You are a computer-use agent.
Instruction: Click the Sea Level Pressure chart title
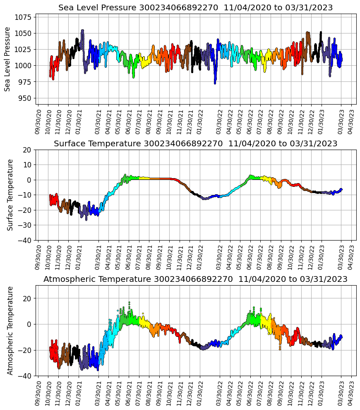(x=195, y=8)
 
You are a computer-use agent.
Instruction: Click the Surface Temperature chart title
(x=195, y=144)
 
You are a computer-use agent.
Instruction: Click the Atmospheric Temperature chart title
(x=195, y=279)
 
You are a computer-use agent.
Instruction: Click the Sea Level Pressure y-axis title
(x=7, y=59)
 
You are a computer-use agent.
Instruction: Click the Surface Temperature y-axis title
(x=10, y=195)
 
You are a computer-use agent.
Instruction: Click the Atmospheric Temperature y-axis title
(x=10, y=330)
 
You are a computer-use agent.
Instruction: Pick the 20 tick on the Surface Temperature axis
(x=27, y=150)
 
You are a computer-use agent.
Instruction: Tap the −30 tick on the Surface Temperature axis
(x=26, y=225)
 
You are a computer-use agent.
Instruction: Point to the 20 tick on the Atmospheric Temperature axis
(x=27, y=298)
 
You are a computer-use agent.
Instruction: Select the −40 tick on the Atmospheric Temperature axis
(x=26, y=376)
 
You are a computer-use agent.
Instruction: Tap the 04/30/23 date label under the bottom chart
(x=352, y=393)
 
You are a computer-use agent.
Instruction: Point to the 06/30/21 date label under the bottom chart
(x=129, y=393)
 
